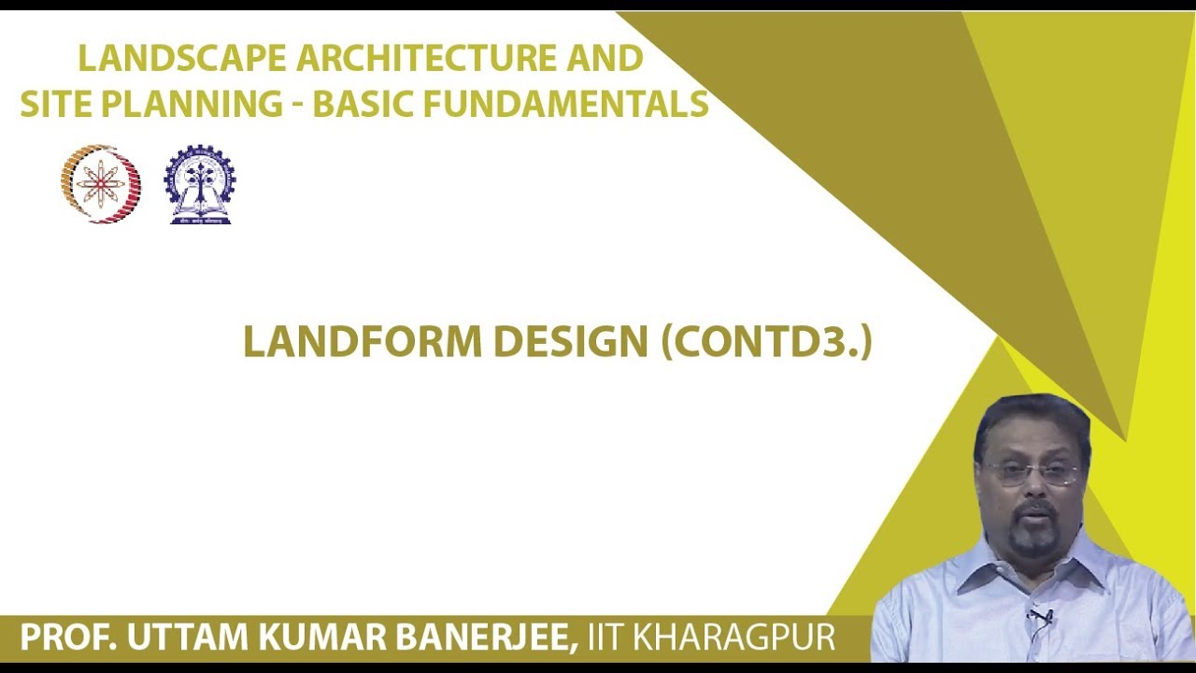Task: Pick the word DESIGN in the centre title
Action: click(570, 343)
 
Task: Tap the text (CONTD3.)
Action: click(766, 343)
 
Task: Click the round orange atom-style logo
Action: click(101, 183)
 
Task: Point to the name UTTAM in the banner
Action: click(172, 638)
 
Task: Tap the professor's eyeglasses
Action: click(1032, 473)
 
